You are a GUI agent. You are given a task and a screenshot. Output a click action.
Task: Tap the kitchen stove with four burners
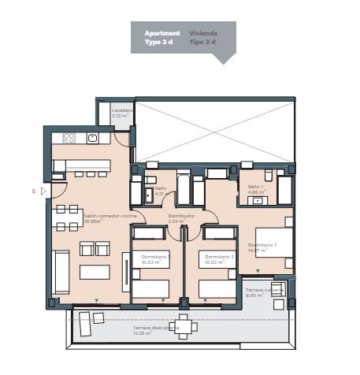[x=69, y=138]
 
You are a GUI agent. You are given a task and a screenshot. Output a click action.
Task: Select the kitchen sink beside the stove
[x=93, y=138]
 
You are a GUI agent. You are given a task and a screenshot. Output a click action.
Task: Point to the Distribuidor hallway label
[x=181, y=215]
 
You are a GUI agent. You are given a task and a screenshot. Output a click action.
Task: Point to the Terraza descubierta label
[x=155, y=328]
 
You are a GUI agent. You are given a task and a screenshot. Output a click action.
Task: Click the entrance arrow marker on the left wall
[x=44, y=191]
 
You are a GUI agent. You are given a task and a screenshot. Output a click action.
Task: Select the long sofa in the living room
[x=61, y=272]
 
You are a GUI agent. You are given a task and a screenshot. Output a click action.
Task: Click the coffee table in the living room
[x=95, y=272]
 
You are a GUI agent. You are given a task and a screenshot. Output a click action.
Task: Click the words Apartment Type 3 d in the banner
[x=161, y=38]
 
